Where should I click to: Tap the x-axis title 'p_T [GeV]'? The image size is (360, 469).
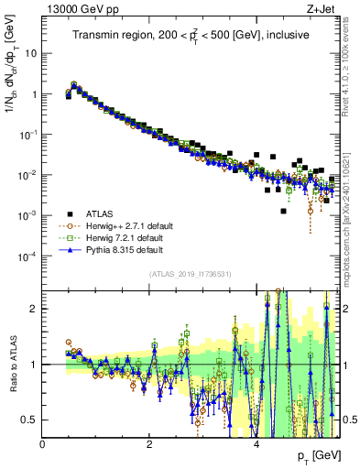pyautogui.click(x=320, y=456)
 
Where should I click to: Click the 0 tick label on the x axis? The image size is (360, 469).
pyautogui.click(x=43, y=443)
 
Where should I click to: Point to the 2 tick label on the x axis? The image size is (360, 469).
pyautogui.click(x=149, y=443)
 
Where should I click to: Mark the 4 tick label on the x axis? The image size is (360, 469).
pyautogui.click(x=256, y=443)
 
